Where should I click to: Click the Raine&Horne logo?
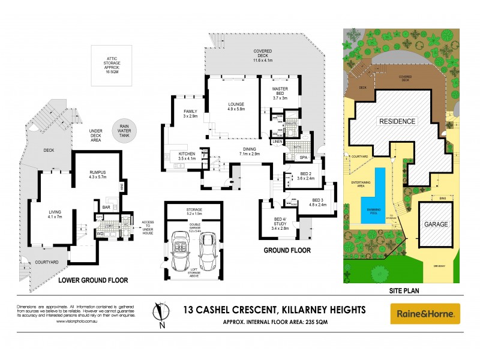tap(425, 313)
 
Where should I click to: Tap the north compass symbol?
tap(160, 314)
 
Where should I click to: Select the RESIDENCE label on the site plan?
tap(397, 121)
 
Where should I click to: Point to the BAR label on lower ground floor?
tap(105, 208)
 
